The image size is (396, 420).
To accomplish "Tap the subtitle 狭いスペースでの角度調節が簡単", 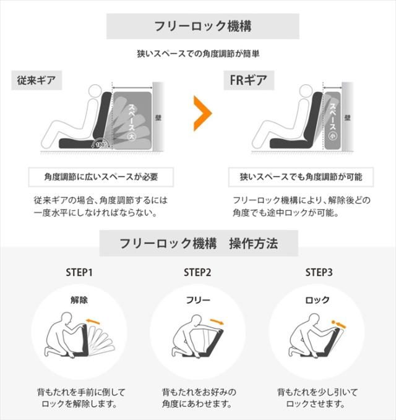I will pos(198,54).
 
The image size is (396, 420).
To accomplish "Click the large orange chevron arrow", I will pos(202,113).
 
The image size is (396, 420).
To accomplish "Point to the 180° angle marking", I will pos(101,144).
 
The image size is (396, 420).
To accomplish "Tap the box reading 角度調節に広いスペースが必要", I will pos(101,177).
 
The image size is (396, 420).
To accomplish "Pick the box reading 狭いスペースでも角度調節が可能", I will pos(301,177).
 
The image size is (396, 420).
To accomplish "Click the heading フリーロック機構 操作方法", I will pos(198,243).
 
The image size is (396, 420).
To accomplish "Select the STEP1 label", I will pos(79,272).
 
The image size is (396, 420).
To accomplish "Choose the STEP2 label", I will pos(198,272).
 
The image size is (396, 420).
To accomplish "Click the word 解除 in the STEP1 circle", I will pos(79,300).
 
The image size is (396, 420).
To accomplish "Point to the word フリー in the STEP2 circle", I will pos(198,300).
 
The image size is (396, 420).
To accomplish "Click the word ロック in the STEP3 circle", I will pos(317,300).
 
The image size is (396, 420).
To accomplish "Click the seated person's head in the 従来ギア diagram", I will pos(95,93).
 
